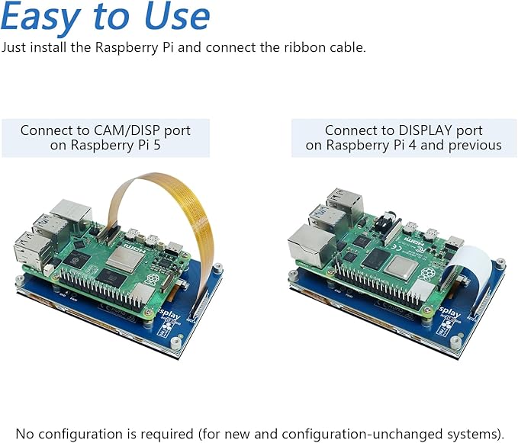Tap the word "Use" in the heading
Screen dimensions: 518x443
click(x=177, y=16)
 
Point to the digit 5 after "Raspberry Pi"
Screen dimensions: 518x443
click(x=156, y=145)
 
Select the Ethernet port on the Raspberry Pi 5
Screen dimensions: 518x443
click(x=71, y=211)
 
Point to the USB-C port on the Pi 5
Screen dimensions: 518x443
click(x=175, y=247)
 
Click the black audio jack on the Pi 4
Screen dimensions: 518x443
click(x=387, y=224)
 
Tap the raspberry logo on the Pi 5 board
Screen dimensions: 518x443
click(x=152, y=280)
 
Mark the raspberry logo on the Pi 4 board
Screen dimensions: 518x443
click(x=426, y=274)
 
